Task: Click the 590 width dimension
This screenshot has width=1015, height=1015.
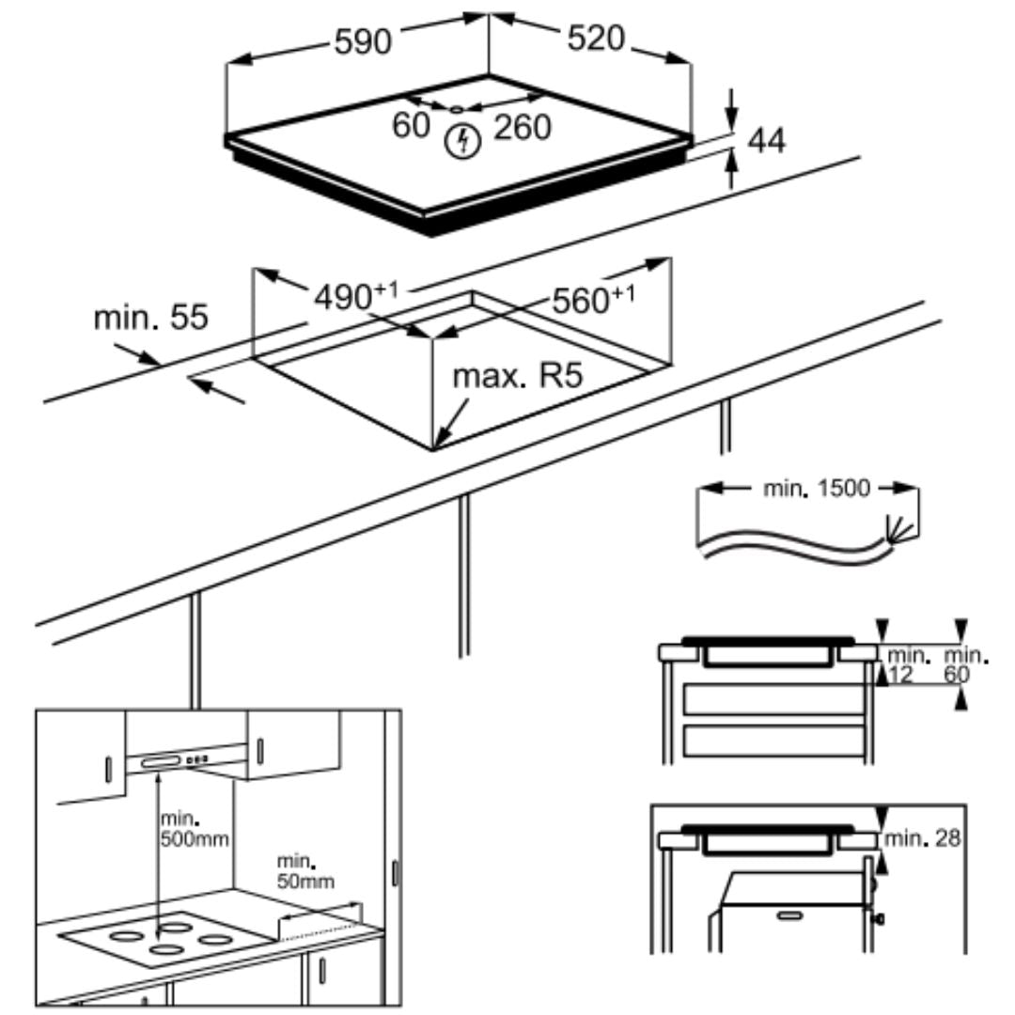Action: (363, 41)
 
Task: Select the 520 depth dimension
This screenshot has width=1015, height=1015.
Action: (595, 39)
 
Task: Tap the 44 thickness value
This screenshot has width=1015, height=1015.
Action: (767, 140)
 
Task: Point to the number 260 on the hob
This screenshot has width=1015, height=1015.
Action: (522, 127)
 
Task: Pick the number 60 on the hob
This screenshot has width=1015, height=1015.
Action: (411, 125)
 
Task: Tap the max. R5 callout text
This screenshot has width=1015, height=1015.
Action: (518, 377)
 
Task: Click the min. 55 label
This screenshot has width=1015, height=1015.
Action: (149, 318)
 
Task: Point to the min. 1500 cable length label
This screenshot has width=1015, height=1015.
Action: (811, 489)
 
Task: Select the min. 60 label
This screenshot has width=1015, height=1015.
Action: (966, 664)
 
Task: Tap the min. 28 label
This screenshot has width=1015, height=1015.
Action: (925, 838)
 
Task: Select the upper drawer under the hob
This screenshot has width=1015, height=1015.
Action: (773, 700)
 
